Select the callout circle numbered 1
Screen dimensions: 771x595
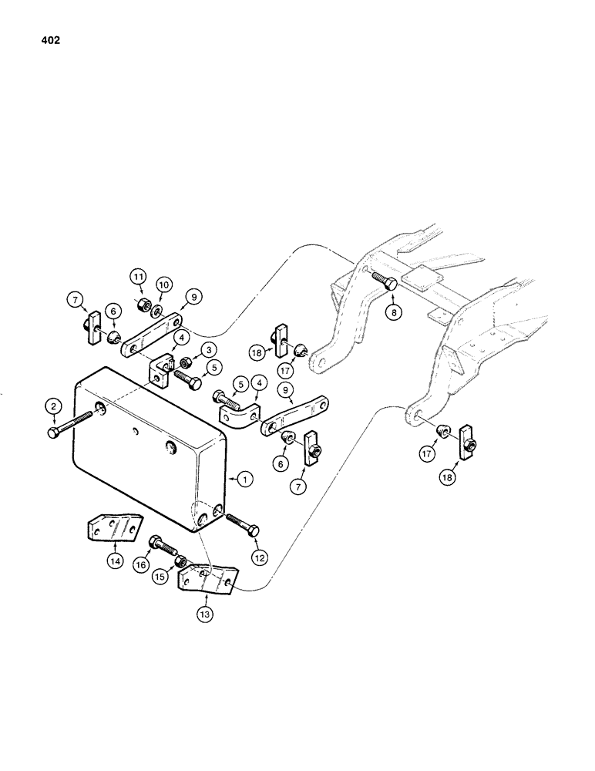pos(244,480)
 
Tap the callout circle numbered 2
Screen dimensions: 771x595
pos(53,405)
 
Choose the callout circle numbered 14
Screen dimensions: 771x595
pos(115,563)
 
